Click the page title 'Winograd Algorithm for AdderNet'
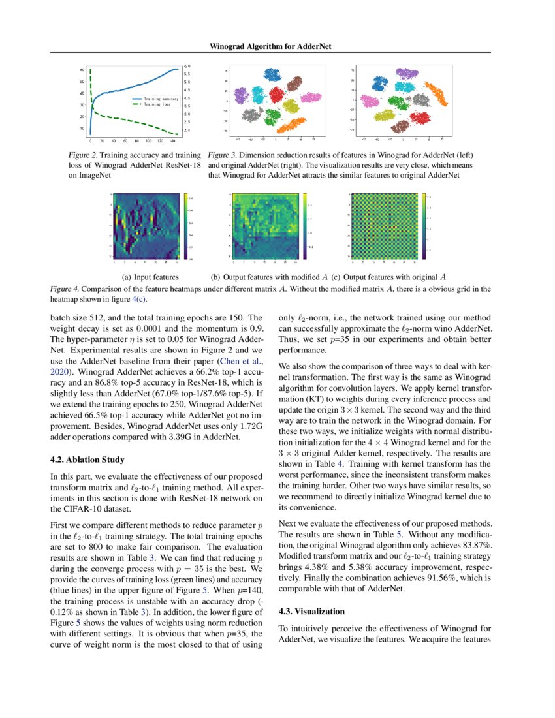coord(277,46)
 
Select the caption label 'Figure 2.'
coord(84,156)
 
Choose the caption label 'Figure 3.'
coord(222,156)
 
